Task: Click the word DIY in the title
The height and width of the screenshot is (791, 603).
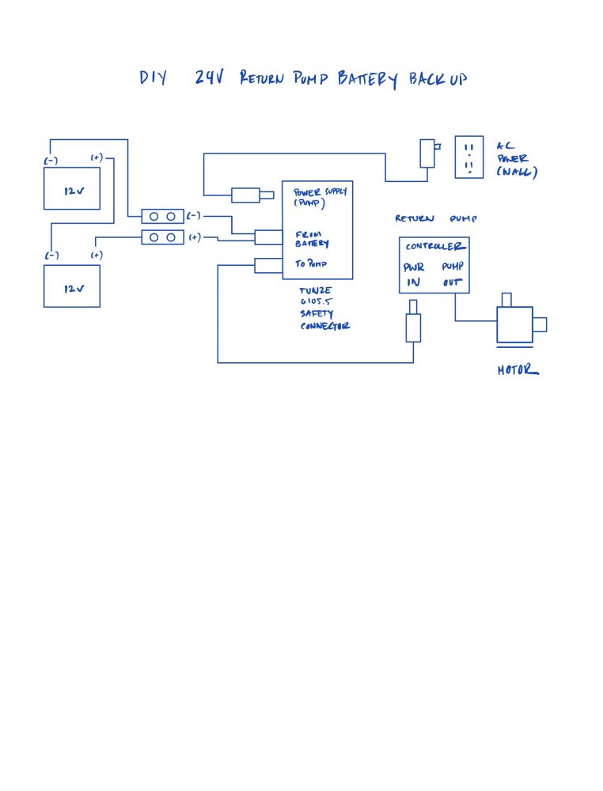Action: coord(153,79)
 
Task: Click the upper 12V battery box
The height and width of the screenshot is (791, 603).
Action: coord(72,188)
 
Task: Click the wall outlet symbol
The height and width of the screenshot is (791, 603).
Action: coord(468,156)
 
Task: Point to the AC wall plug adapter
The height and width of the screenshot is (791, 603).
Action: coord(428,153)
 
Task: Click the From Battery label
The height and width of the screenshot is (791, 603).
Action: coord(312,239)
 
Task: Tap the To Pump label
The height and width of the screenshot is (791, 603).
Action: coord(311,264)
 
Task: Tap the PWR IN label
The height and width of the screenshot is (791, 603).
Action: coord(415,274)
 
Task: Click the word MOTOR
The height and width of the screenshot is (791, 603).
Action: coord(518,369)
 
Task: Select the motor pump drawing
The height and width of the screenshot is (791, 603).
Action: coord(518,324)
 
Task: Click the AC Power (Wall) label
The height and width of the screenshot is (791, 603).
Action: coord(516,159)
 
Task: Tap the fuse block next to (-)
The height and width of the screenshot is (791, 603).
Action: coord(162,216)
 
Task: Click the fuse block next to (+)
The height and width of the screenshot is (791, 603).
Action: coord(162,237)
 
